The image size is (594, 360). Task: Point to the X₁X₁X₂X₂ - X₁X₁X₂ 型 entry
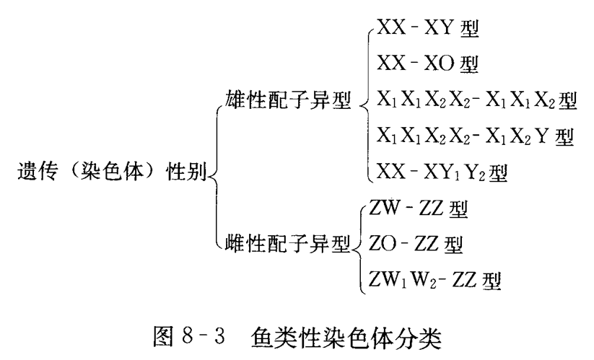[477, 100]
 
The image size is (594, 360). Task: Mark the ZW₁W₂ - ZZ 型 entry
[433, 278]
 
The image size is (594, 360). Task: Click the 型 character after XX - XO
[470, 64]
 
